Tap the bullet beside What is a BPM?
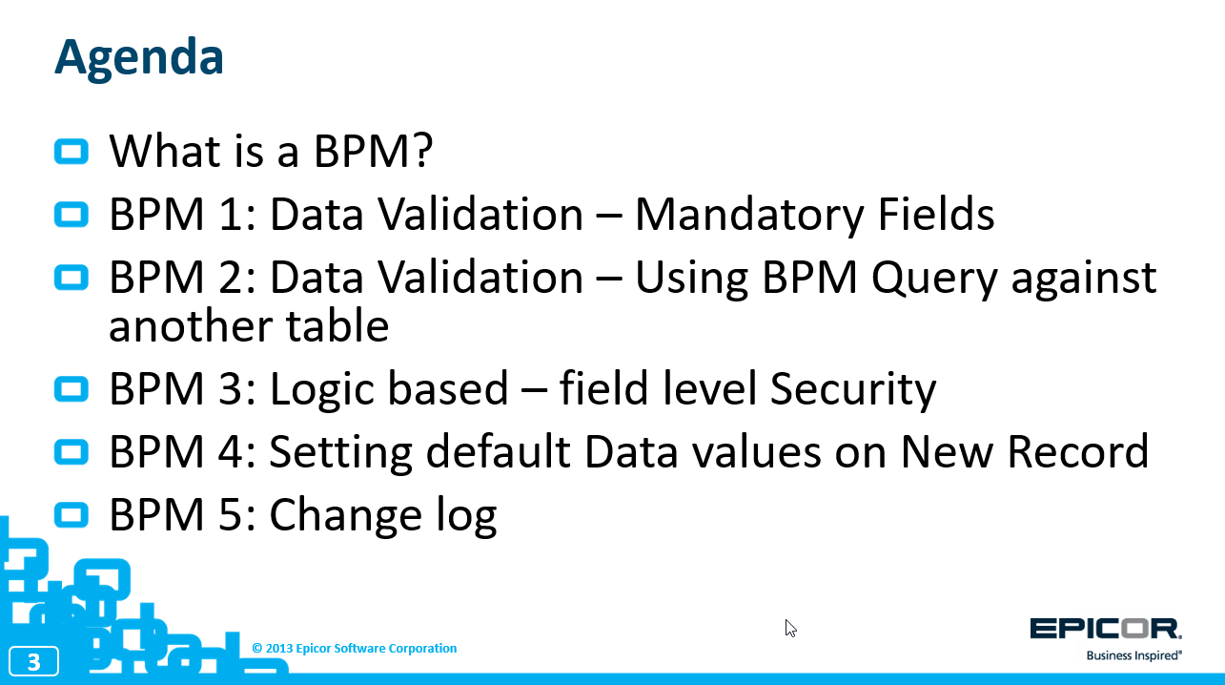(71, 152)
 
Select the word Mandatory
(748, 215)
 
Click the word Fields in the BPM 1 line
(936, 214)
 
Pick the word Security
(853, 389)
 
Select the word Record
(1078, 452)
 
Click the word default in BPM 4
(498, 451)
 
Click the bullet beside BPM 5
(71, 515)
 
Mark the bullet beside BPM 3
(71, 389)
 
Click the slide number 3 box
(34, 661)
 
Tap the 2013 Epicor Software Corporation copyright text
(354, 649)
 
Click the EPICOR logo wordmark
(1105, 629)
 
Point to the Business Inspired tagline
(1133, 655)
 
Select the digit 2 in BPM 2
(229, 278)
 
